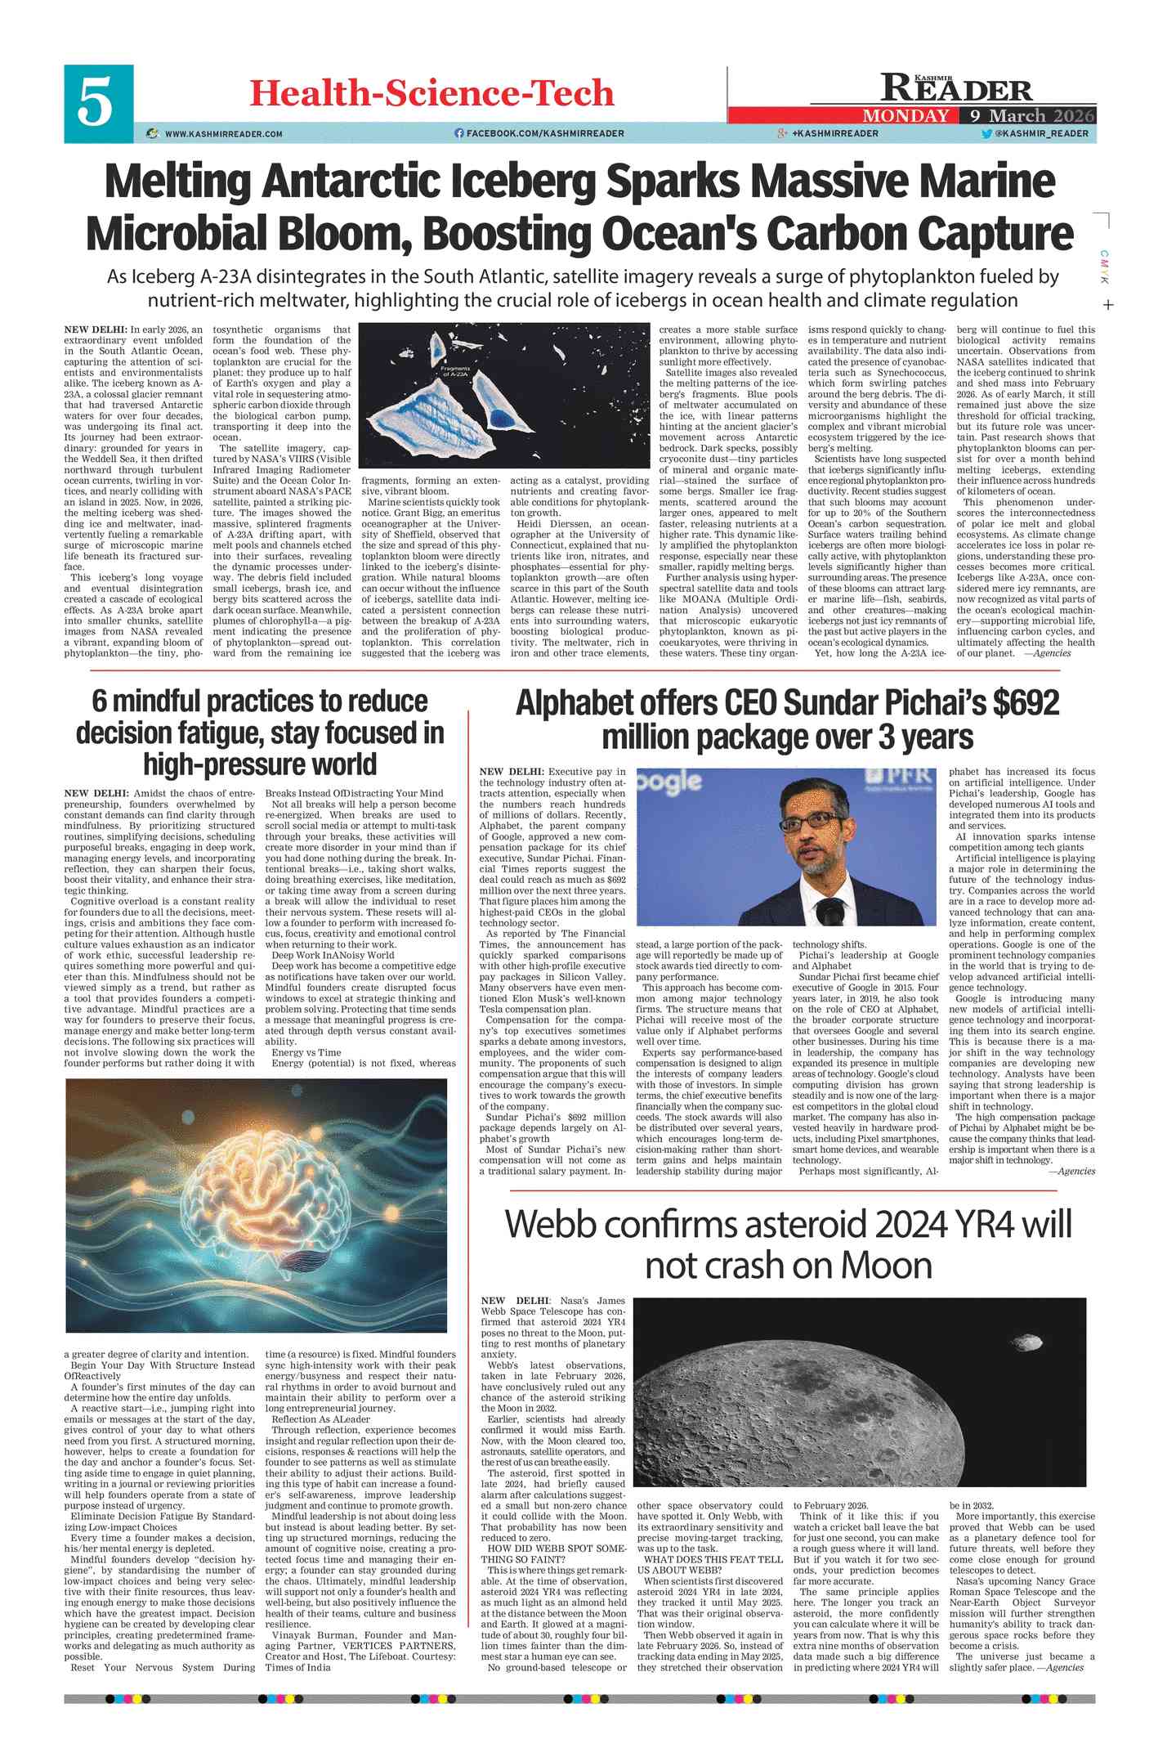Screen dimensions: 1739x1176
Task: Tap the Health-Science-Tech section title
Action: point(431,93)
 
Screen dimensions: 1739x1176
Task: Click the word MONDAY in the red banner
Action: point(905,115)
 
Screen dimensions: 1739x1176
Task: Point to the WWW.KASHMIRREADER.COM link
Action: point(223,133)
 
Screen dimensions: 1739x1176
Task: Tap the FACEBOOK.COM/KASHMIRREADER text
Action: point(545,133)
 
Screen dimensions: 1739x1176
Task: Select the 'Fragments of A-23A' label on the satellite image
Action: point(454,371)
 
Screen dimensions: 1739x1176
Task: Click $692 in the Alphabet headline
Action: point(1025,702)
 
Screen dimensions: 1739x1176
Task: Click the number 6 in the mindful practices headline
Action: point(99,701)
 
